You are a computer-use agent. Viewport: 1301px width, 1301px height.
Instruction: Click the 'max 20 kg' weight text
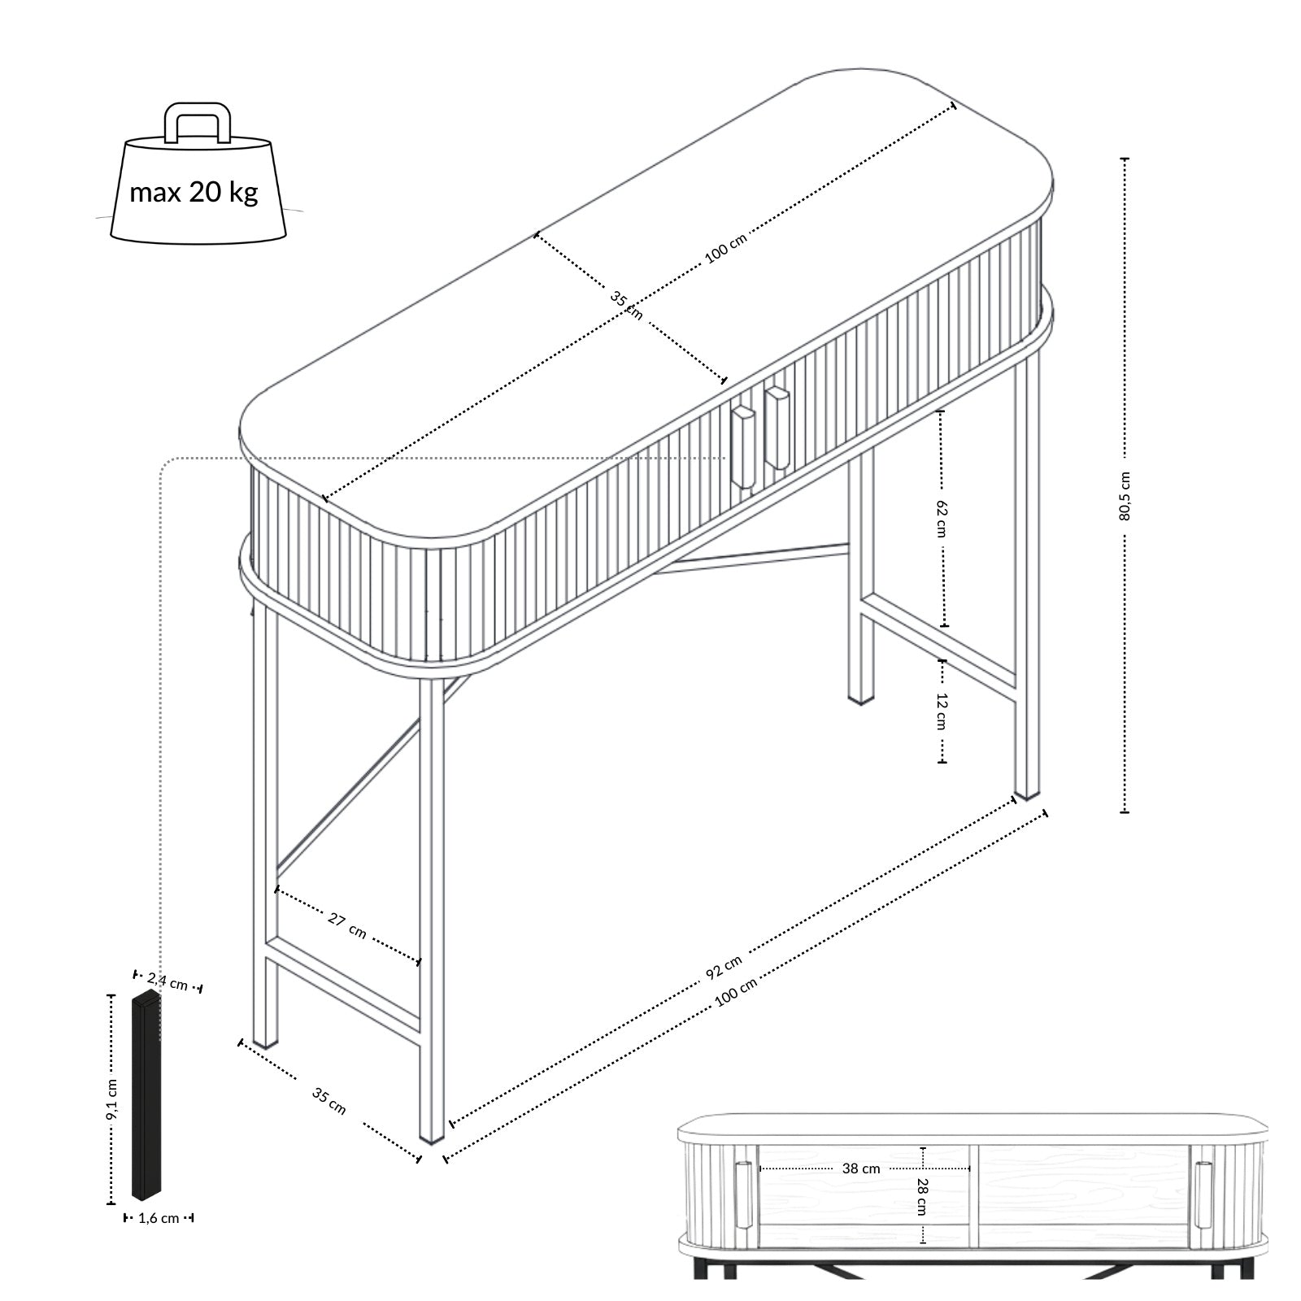(194, 192)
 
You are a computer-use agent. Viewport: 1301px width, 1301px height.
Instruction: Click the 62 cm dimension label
(942, 517)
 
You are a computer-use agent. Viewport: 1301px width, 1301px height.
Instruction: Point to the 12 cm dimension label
(942, 710)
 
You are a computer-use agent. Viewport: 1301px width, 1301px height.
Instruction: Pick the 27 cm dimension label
(347, 925)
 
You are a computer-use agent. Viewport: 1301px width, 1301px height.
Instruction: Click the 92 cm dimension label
(724, 966)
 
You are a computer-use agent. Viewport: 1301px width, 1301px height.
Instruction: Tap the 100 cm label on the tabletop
(725, 247)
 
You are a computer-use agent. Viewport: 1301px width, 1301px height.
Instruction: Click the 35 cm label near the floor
(329, 1101)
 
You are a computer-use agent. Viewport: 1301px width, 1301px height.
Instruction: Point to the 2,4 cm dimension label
(168, 981)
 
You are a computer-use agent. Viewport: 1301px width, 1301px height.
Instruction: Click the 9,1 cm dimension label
(112, 1099)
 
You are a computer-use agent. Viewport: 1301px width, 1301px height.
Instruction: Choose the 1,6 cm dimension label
(159, 1218)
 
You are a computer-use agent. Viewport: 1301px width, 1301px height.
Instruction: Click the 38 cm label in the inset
(861, 1168)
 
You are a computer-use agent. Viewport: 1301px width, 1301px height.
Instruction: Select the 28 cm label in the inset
(922, 1196)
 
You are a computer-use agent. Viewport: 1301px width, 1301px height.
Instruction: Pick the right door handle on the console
(777, 429)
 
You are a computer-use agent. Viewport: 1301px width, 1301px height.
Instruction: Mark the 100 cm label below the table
(737, 993)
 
